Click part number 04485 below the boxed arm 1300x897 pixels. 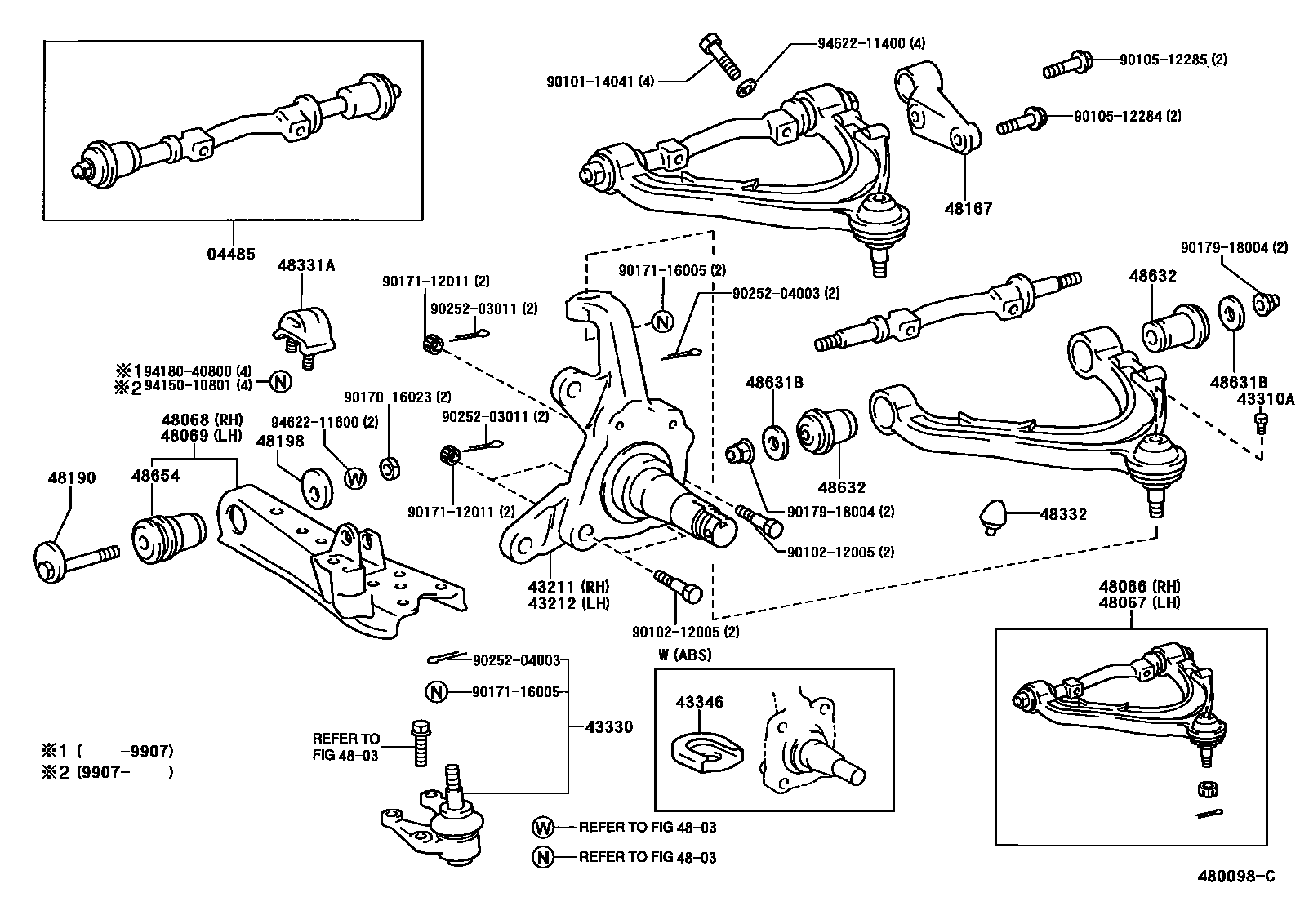coord(232,255)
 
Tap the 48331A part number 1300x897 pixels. coord(306,265)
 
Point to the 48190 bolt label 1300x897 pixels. coord(72,478)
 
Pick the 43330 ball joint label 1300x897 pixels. coord(608,727)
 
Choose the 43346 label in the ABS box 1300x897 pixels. coord(699,702)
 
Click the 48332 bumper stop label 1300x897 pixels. coord(1063,514)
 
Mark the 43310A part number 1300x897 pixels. coord(1266,399)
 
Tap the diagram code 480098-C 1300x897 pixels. coord(1235,877)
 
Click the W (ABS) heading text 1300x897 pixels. coord(685,654)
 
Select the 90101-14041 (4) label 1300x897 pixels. coord(601,81)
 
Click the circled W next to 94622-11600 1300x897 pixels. coord(355,478)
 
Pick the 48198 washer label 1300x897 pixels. coord(280,442)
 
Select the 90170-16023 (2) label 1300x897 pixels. coord(398,397)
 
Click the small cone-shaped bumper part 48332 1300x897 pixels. coord(993,516)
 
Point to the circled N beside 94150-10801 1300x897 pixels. coord(280,381)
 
